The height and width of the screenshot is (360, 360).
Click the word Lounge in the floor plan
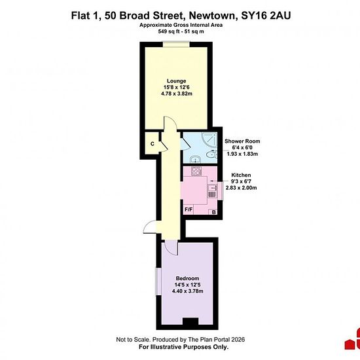click(x=176, y=81)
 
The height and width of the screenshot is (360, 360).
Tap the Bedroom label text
click(x=187, y=278)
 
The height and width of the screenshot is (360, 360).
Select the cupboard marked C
click(x=153, y=144)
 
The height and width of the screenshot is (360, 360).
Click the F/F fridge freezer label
click(x=189, y=209)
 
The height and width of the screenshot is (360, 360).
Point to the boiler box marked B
click(x=213, y=212)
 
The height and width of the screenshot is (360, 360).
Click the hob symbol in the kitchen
click(x=196, y=171)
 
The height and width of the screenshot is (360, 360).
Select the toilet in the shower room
click(x=211, y=154)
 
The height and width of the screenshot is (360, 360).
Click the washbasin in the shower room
click(x=196, y=158)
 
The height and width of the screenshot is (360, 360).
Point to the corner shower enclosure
click(x=209, y=139)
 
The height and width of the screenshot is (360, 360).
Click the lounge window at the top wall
click(x=176, y=44)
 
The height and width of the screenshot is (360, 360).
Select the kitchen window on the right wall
click(x=221, y=190)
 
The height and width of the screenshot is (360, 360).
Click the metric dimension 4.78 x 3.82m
click(x=177, y=94)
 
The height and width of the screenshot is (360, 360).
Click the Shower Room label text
click(x=242, y=141)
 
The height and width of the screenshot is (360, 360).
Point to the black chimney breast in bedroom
click(x=190, y=321)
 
